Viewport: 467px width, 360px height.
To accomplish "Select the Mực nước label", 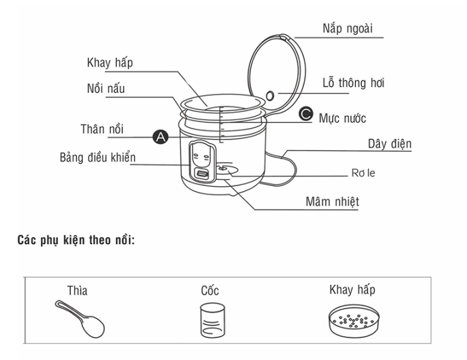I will coord(342,118).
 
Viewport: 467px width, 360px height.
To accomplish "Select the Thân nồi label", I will coord(107,128).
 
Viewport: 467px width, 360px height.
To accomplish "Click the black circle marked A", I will coord(158,136).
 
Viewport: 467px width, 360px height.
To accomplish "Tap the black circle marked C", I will coord(306,115).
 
